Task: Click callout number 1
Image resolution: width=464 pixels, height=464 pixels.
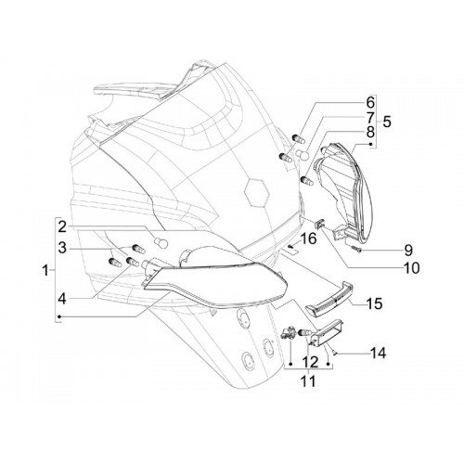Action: click(45, 271)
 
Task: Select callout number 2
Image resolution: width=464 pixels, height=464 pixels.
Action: click(62, 227)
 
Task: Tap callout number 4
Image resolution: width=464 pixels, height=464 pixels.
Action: click(62, 299)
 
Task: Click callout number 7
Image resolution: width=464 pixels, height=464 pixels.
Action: click(370, 118)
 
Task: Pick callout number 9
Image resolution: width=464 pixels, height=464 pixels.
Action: click(408, 251)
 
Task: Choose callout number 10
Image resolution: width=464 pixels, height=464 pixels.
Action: click(411, 268)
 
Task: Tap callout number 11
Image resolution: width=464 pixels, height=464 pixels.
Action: click(308, 381)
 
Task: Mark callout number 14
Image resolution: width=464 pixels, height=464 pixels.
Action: click(378, 353)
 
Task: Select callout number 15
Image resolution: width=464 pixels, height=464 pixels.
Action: click(375, 303)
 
